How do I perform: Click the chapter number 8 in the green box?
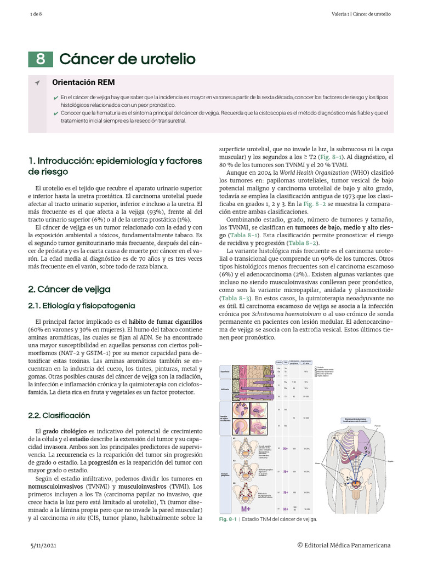(41, 59)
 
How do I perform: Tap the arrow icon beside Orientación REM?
(37, 83)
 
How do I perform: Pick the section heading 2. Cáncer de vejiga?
(69, 289)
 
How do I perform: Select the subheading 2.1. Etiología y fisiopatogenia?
(81, 305)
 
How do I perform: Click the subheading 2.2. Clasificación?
(59, 415)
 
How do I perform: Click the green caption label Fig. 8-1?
(227, 519)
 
